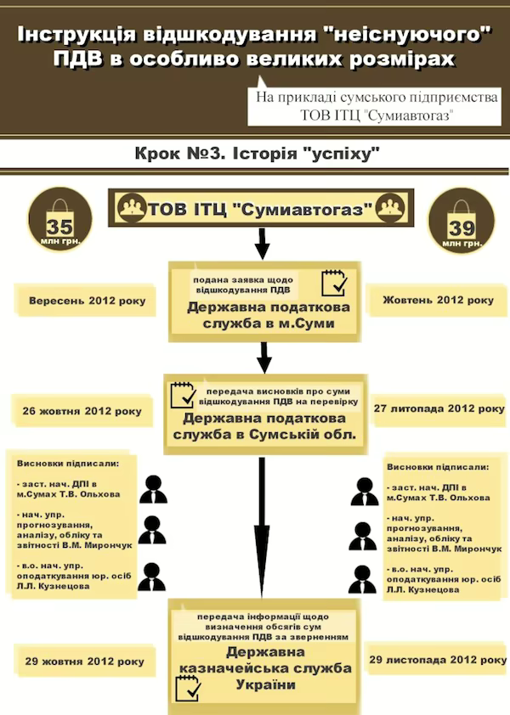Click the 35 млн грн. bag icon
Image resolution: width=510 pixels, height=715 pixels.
(x=60, y=221)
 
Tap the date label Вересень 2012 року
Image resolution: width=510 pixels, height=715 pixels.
(x=86, y=301)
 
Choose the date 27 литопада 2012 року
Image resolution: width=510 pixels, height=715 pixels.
(x=439, y=408)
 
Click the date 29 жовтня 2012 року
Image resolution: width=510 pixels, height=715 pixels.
(x=84, y=662)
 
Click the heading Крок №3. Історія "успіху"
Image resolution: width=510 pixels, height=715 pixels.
(x=255, y=155)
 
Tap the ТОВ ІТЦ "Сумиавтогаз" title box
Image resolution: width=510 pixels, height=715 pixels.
(x=260, y=209)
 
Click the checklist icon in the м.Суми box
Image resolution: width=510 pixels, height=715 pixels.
(x=333, y=282)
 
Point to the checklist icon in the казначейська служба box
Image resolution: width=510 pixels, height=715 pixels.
(x=187, y=688)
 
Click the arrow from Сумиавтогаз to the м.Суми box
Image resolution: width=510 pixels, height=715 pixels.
(x=262, y=244)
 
